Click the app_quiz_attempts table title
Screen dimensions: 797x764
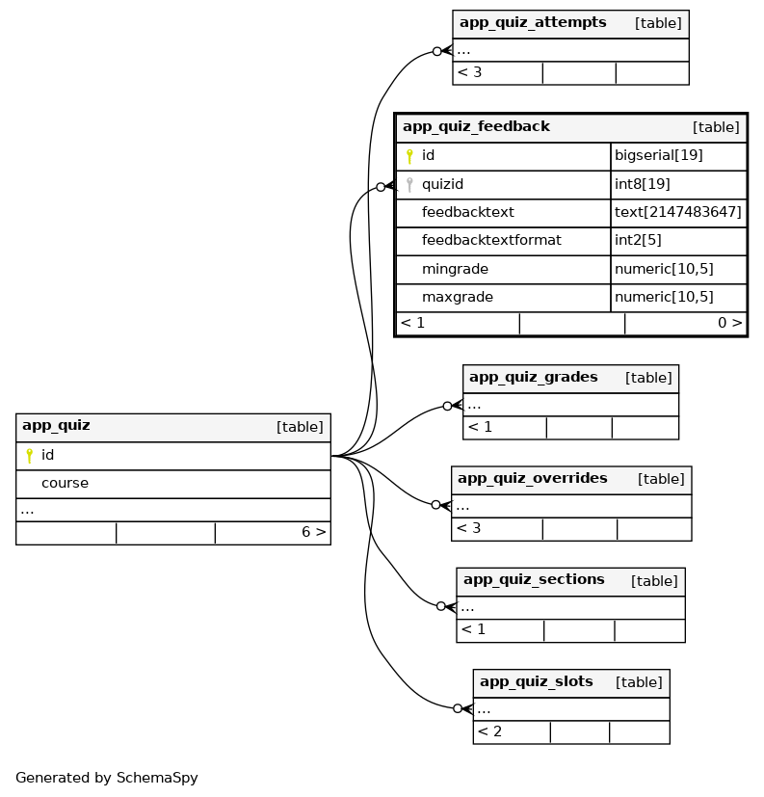[532, 22]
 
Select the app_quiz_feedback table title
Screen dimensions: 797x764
[476, 126]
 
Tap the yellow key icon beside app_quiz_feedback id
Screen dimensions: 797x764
[409, 156]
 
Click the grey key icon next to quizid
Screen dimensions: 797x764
[409, 184]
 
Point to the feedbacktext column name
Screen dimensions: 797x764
[467, 212]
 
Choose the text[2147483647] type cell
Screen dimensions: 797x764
[678, 212]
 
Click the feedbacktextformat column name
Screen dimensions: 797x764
[491, 240]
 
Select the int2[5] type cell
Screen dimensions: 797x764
[638, 240]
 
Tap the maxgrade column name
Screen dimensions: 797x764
[457, 297]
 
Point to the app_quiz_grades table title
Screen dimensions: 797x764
[533, 377]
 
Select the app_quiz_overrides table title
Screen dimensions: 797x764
[532, 478]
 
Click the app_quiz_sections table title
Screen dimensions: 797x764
[534, 579]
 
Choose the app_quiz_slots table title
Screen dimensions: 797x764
[536, 681]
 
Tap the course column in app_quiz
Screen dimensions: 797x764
[65, 483]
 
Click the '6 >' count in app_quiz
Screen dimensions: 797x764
[313, 532]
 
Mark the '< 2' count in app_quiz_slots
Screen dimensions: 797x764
[489, 731]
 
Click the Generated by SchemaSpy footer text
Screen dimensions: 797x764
[106, 778]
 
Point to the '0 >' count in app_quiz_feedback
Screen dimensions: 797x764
[729, 323]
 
